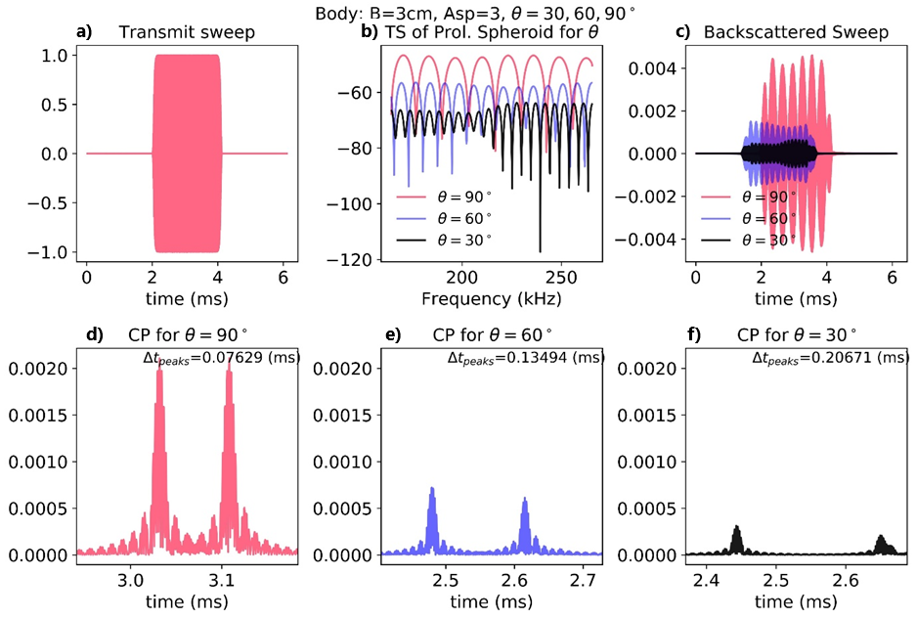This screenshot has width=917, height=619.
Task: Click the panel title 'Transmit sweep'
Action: tap(187, 32)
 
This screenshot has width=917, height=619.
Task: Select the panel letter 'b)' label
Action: tap(370, 32)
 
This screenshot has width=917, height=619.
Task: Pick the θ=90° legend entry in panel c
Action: tap(768, 197)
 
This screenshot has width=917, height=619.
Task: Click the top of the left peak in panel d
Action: tap(158, 374)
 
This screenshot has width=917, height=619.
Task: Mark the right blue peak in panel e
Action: tap(525, 500)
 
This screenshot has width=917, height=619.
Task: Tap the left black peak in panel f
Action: tap(736, 528)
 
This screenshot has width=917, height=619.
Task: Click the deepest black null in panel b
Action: tap(540, 249)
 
